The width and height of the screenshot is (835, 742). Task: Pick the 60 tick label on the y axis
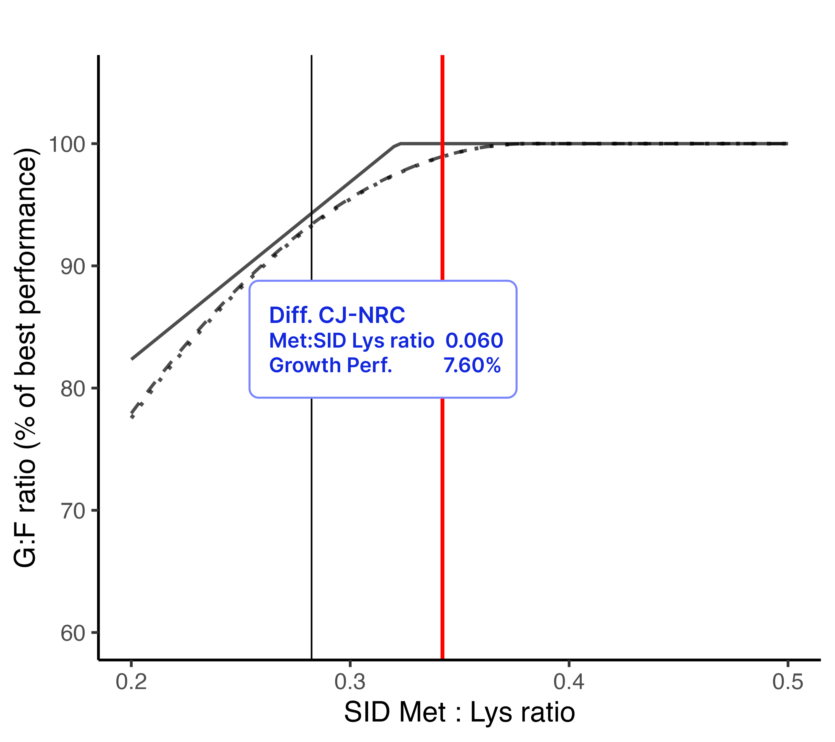click(73, 633)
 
